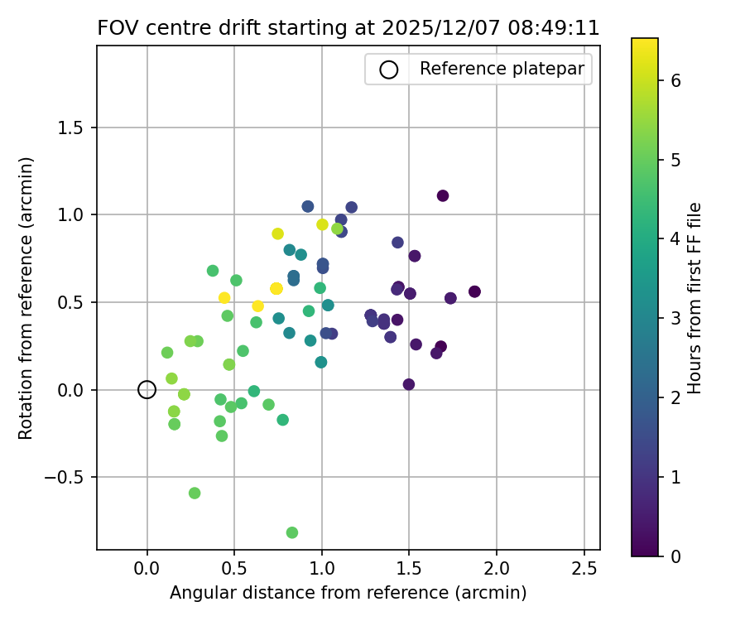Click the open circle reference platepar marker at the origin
point(147,389)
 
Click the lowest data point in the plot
point(292,532)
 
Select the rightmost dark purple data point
point(474,291)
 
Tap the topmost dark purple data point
point(443,195)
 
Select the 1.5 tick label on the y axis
point(73,128)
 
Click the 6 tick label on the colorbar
point(675,80)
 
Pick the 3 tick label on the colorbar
point(675,318)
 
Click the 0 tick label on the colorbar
point(675,556)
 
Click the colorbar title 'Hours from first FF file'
point(695,298)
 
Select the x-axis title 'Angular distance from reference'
point(348,593)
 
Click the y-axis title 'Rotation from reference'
point(26,298)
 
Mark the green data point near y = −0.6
point(195,493)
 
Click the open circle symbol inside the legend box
point(388,70)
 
